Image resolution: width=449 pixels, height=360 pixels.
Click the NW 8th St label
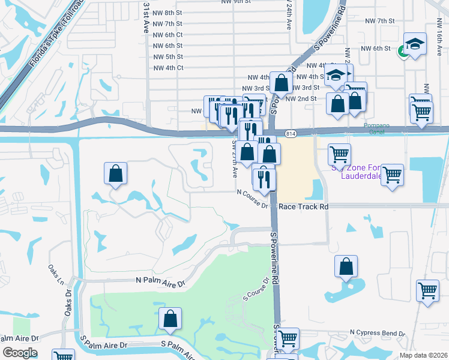[167, 13]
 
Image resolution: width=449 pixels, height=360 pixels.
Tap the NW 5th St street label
[167, 56]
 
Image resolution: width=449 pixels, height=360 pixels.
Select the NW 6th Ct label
[167, 35]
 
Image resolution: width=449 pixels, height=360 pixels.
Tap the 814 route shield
[290, 133]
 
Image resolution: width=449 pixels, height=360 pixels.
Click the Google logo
[20, 353]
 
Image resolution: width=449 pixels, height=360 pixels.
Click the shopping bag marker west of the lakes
[115, 174]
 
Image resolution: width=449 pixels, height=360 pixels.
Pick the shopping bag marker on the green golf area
[170, 319]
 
